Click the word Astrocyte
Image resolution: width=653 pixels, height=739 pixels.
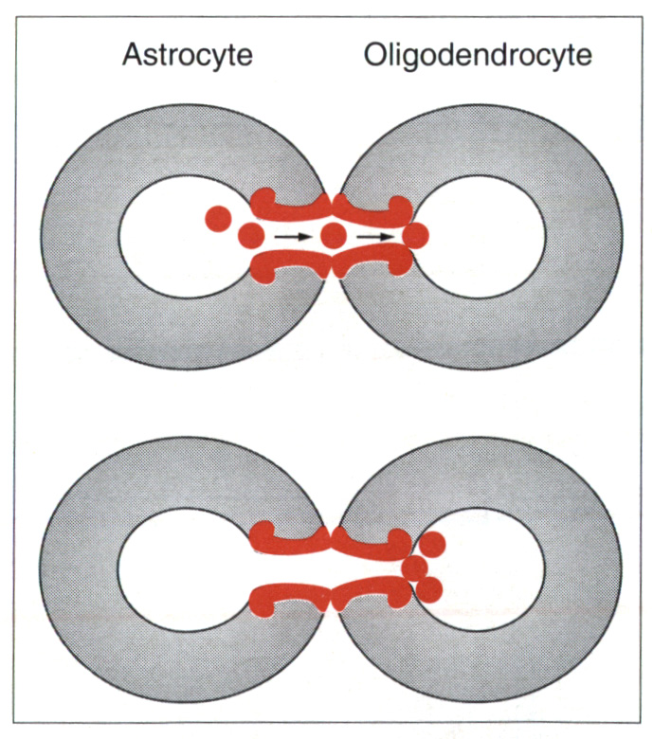188,55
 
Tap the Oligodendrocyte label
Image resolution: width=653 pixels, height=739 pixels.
478,55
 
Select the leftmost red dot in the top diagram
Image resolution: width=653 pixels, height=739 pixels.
219,219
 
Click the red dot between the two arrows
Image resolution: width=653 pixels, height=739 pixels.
332,235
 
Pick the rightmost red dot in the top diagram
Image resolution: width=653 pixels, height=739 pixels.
415,234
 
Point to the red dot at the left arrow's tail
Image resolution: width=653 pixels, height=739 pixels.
252,234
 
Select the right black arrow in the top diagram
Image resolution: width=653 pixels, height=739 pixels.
373,235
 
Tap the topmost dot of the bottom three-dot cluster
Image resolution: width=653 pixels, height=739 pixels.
432,544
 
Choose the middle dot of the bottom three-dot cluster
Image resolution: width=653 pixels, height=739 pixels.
414,568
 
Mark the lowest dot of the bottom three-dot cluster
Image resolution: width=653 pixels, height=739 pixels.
429,589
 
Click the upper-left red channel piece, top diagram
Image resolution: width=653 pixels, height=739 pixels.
289,205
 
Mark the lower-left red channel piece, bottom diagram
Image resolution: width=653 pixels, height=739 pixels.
289,597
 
